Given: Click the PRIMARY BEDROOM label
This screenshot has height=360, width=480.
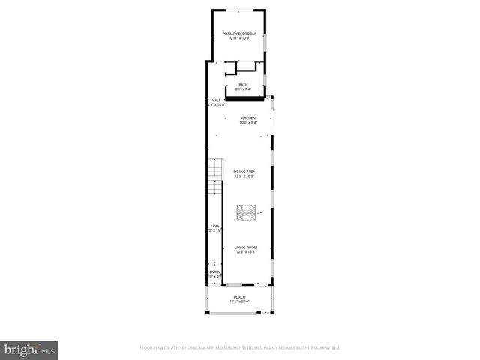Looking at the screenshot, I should (239, 34).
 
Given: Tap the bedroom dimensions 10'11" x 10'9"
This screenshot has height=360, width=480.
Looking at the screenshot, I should (239, 38).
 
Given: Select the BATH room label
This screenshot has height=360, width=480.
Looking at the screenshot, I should (243, 85).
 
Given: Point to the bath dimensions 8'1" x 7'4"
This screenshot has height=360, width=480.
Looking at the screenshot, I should (243, 89).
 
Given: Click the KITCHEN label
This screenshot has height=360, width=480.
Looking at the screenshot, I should (248, 118).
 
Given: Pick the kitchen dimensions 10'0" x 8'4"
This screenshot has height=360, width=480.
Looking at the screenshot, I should (248, 122).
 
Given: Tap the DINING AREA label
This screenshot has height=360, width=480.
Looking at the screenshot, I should (244, 172).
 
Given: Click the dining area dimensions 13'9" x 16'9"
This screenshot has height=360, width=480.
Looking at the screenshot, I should (244, 176).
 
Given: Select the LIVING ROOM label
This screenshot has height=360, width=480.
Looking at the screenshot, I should (246, 247).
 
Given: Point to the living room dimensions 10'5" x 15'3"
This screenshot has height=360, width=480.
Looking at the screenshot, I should (246, 251).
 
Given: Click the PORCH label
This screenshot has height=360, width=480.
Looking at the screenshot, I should (239, 297).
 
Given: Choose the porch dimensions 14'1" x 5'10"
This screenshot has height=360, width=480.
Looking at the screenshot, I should (239, 301).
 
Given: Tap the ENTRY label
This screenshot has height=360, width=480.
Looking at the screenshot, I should (215, 271).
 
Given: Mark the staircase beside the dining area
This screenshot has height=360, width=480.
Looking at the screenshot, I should (215, 173).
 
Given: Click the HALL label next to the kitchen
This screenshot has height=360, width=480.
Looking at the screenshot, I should (216, 100).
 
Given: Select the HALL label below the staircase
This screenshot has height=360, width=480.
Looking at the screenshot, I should (215, 226).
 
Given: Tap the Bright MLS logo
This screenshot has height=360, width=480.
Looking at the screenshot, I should (30, 349).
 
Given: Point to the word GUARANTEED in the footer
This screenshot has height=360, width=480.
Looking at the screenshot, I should (325, 348).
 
